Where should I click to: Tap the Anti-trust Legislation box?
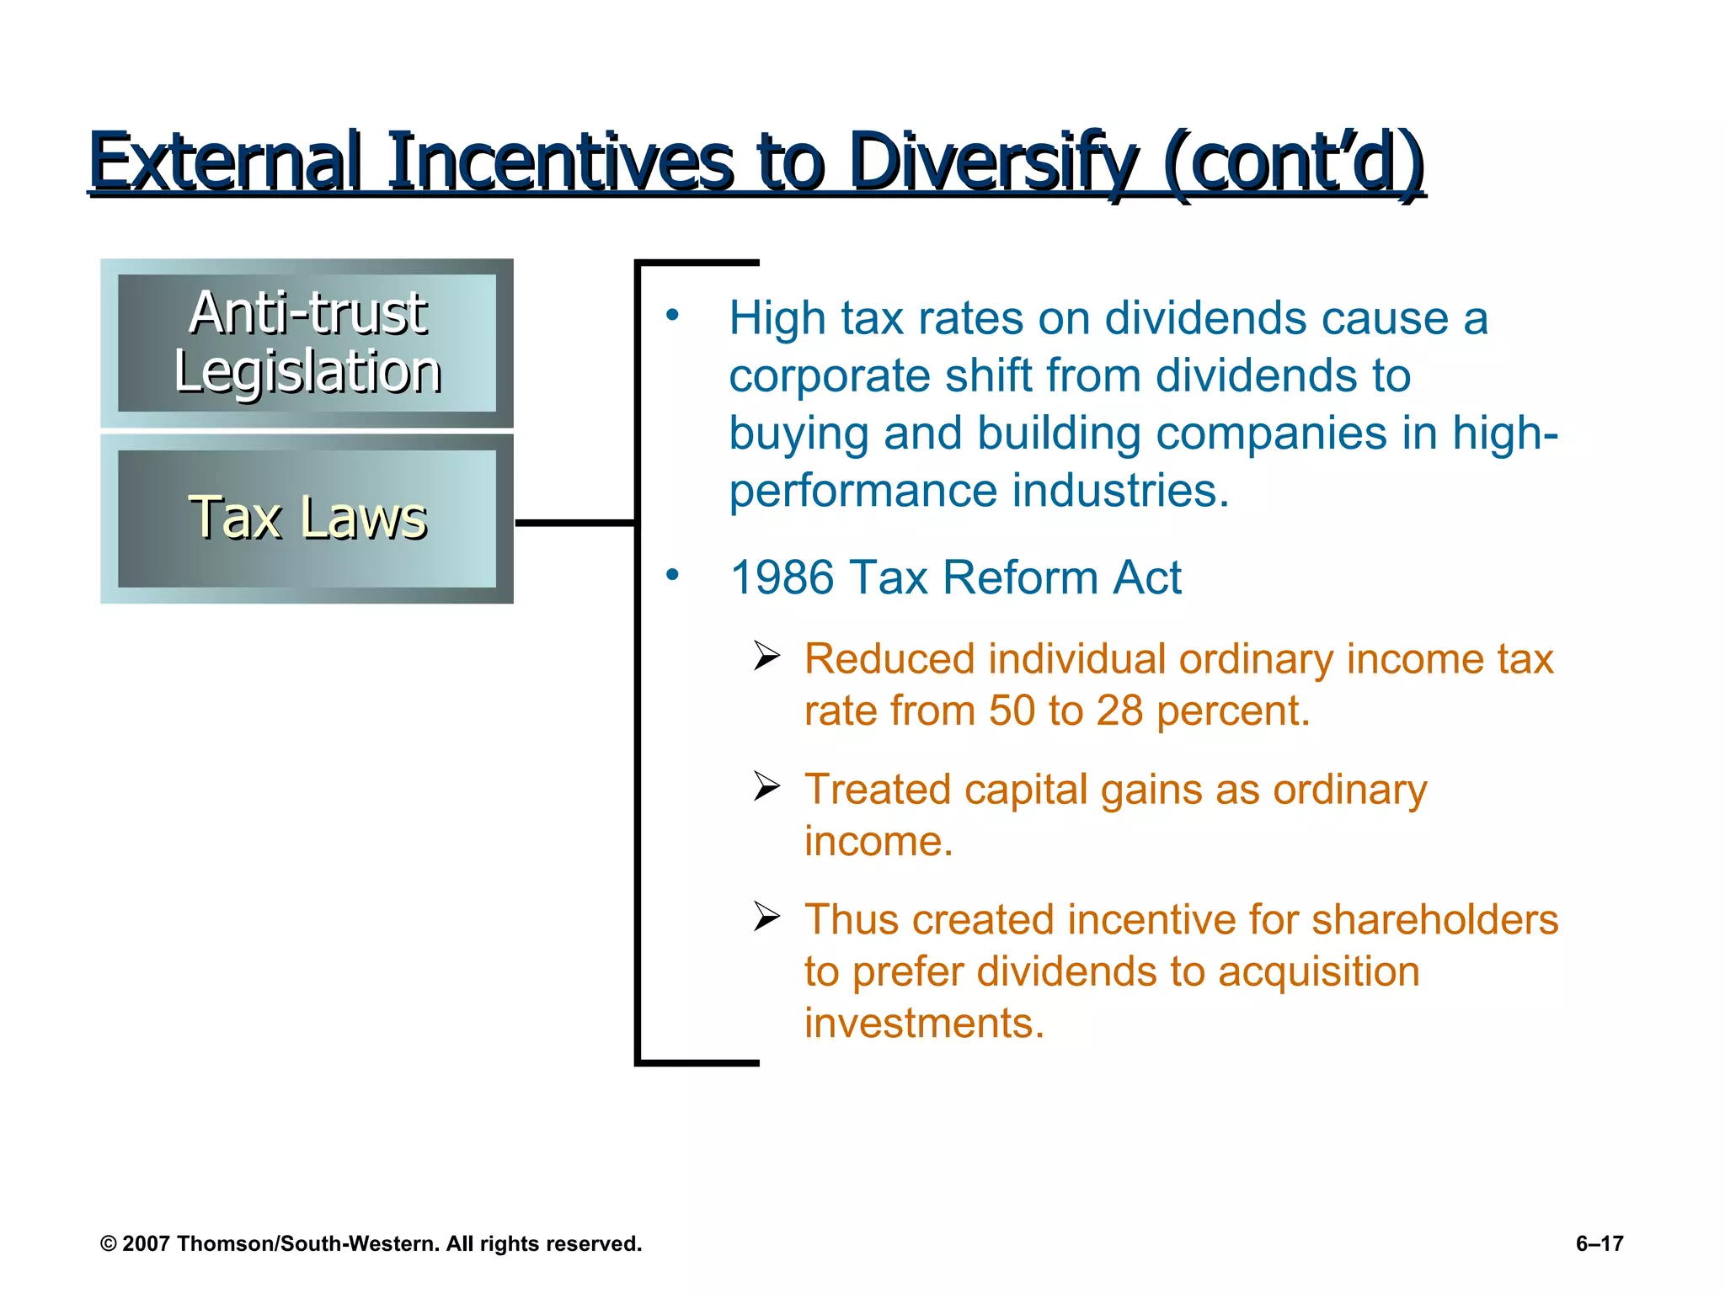click(307, 343)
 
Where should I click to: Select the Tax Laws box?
click(307, 519)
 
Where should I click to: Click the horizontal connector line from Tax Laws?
click(574, 524)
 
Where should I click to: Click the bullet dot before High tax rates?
click(671, 316)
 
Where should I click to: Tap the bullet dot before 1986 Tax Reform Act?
click(671, 575)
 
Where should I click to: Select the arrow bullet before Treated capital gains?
click(766, 786)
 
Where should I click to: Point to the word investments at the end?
click(923, 1024)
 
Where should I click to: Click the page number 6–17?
click(1599, 1244)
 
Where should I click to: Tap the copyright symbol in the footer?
click(109, 1244)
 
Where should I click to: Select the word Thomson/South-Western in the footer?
click(308, 1244)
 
